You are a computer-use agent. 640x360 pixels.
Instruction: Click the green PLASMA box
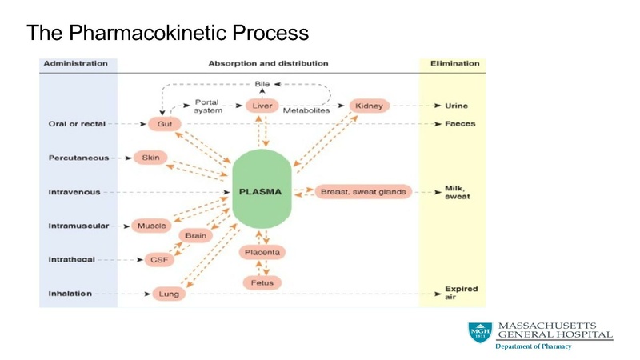pyautogui.click(x=260, y=192)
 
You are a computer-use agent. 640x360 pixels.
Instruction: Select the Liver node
pyautogui.click(x=262, y=106)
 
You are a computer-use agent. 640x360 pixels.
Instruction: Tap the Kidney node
pyautogui.click(x=368, y=106)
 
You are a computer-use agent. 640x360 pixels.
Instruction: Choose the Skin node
pyautogui.click(x=150, y=158)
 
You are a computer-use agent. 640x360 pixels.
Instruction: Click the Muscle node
pyautogui.click(x=151, y=226)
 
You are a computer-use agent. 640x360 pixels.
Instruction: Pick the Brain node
pyautogui.click(x=196, y=236)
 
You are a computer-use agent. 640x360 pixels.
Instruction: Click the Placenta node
pyautogui.click(x=262, y=252)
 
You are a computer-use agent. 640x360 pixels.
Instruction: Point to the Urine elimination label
pyautogui.click(x=457, y=106)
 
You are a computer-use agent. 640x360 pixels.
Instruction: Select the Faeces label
pyautogui.click(x=460, y=124)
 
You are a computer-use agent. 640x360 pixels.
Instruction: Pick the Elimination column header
pyautogui.click(x=454, y=63)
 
